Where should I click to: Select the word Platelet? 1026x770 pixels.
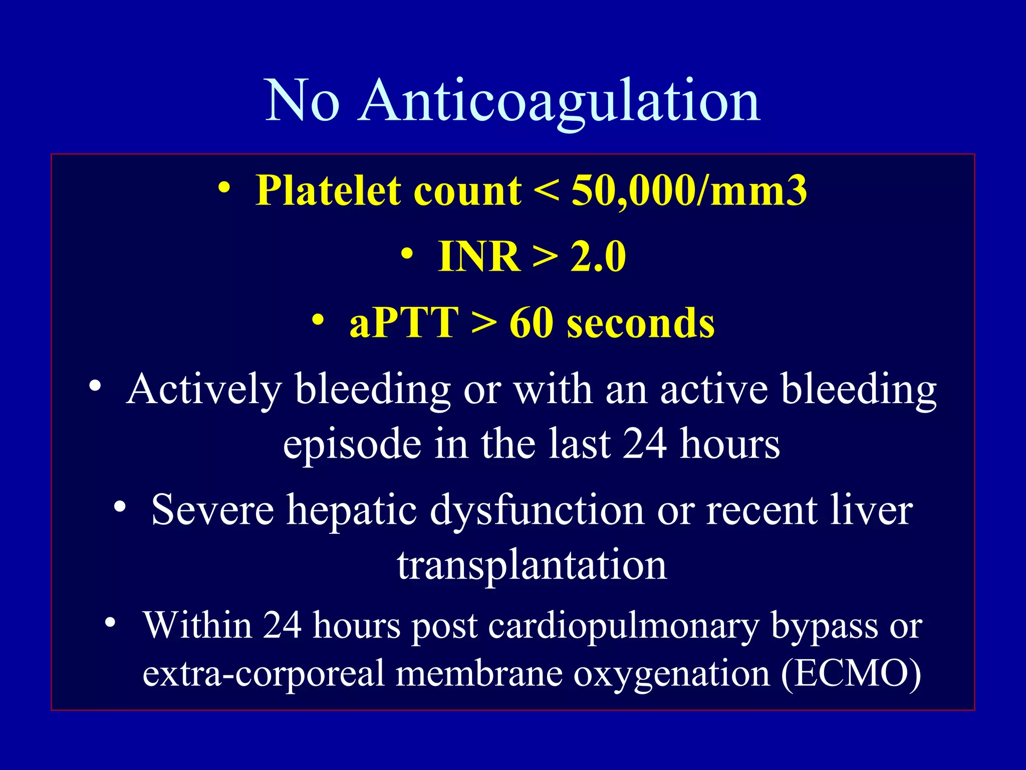coord(328,191)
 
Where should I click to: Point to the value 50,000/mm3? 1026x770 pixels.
coord(689,191)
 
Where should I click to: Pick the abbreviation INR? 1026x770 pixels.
coord(479,257)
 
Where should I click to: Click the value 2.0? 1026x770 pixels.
coord(598,257)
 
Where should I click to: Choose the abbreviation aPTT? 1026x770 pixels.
coord(404,323)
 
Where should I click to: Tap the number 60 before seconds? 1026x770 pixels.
coord(532,323)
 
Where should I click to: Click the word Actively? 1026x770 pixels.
coord(204,390)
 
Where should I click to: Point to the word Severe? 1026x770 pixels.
coord(212,510)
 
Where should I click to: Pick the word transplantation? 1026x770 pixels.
coord(532,565)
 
